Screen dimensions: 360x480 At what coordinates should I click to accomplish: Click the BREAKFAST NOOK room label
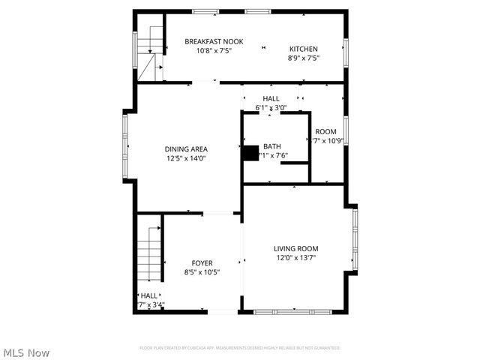pyautogui.click(x=213, y=41)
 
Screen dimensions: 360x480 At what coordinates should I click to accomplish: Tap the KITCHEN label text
pyautogui.click(x=304, y=49)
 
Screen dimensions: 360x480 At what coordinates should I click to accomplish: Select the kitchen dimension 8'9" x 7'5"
pyautogui.click(x=304, y=58)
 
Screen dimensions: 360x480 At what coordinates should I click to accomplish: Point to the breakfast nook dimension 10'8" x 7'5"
pyautogui.click(x=214, y=50)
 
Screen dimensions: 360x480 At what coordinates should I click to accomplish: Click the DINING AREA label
pyautogui.click(x=187, y=148)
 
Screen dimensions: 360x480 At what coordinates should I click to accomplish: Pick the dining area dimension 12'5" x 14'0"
pyautogui.click(x=186, y=158)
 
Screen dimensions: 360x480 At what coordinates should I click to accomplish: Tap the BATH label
pyautogui.click(x=271, y=146)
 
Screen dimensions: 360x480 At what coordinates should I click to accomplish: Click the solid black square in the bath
pyautogui.click(x=249, y=151)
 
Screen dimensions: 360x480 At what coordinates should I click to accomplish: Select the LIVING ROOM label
pyautogui.click(x=295, y=249)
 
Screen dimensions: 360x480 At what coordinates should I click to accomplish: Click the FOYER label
pyautogui.click(x=202, y=262)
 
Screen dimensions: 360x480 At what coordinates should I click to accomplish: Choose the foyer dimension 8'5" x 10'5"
pyautogui.click(x=202, y=272)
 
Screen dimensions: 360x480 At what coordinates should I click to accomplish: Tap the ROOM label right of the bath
pyautogui.click(x=325, y=131)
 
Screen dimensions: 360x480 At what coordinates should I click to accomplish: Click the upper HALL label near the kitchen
pyautogui.click(x=271, y=98)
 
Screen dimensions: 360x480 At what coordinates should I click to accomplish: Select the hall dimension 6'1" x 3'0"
pyautogui.click(x=271, y=107)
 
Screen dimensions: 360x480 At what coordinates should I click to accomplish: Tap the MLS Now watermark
pyautogui.click(x=26, y=352)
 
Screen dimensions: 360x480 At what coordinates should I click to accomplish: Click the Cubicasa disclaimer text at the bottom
pyautogui.click(x=240, y=348)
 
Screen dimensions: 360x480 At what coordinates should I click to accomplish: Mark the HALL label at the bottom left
pyautogui.click(x=149, y=295)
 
